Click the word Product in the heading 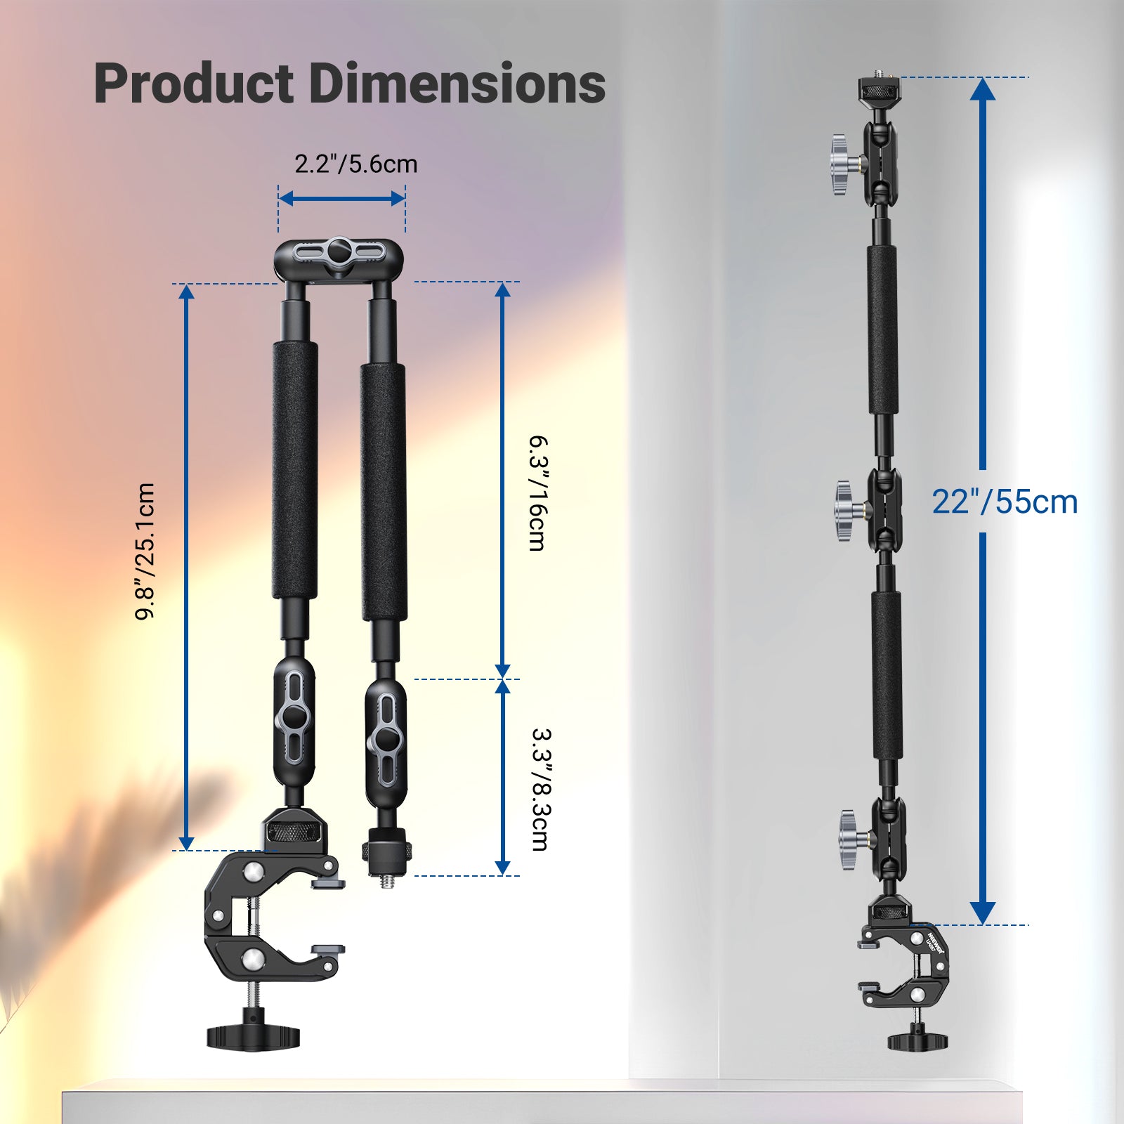pos(194,84)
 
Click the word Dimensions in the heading pos(457,84)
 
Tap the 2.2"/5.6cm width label pos(355,164)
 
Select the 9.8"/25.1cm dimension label pos(145,551)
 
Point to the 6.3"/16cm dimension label pos(537,493)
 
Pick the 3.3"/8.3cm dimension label pos(540,789)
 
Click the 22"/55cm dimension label pos(1005,502)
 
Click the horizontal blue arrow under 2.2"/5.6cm pos(341,199)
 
